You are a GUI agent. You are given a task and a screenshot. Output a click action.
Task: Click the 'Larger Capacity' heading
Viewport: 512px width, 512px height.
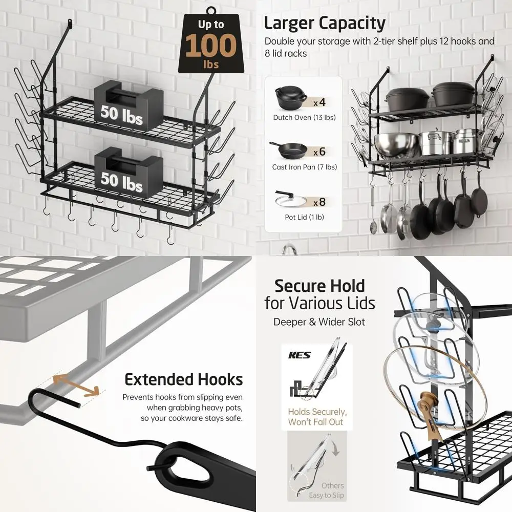coord(324,23)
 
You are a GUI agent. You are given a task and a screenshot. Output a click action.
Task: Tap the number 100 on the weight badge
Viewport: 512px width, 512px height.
coord(211,46)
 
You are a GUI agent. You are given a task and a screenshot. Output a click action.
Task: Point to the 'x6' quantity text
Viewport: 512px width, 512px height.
coord(319,152)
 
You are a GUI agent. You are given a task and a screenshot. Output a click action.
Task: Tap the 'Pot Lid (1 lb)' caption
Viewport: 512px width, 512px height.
coord(304,217)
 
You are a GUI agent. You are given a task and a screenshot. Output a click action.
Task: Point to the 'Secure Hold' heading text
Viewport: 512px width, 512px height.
coord(320,285)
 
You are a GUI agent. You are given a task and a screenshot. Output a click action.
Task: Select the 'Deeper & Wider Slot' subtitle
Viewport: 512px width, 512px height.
coord(319,322)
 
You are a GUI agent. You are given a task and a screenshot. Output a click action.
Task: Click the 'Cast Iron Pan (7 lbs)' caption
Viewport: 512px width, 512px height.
coord(304,167)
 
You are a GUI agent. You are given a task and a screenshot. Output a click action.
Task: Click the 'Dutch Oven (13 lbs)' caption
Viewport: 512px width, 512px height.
coord(304,117)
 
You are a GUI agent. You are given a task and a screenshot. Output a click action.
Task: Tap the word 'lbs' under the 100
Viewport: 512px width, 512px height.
coord(210,65)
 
